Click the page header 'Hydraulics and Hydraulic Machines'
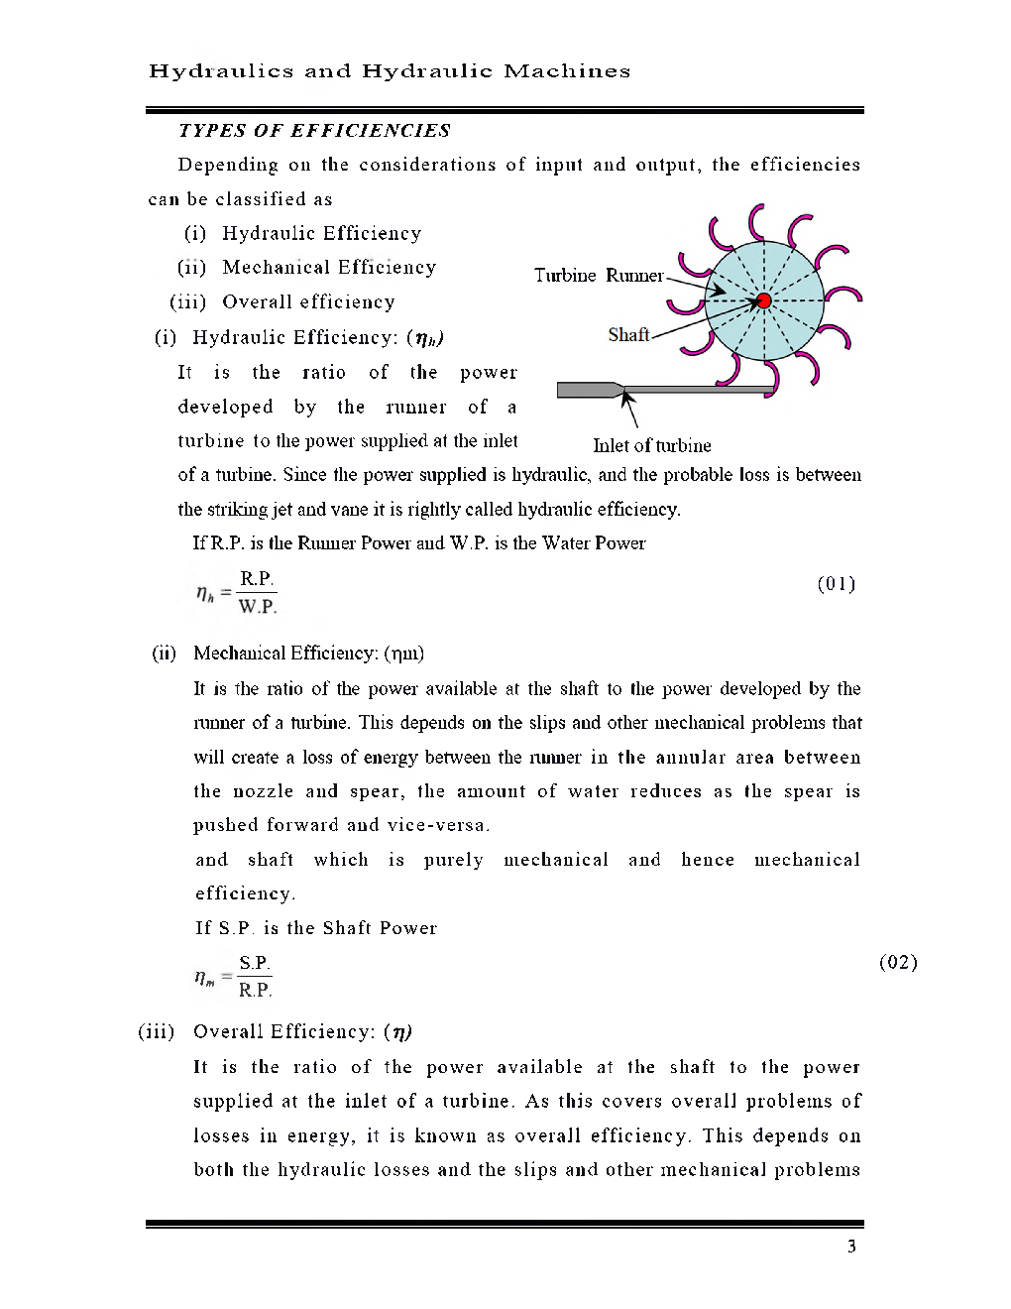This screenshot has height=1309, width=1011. pos(389,71)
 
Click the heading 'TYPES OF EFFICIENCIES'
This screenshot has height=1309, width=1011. pos(314,131)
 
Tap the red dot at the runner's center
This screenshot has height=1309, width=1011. pos(763,301)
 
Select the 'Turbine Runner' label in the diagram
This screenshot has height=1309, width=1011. pos(599,276)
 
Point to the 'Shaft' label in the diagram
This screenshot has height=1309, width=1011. pos(628,335)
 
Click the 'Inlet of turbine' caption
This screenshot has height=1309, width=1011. pos(651,446)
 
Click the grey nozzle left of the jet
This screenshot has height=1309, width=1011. pos(588,390)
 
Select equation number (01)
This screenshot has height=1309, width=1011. pos(836,584)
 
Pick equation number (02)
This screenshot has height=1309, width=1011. pos(898,962)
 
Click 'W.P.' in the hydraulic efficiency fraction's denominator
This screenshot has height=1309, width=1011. pos(258,607)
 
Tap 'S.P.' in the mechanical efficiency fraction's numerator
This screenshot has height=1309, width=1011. pos(255,963)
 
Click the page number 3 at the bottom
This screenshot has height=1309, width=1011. pos(851,1247)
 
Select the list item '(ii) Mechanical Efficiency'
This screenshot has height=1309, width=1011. pos(306,268)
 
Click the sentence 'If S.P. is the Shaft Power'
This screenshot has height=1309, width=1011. pos(315,928)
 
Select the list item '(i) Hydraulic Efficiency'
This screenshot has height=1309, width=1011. pos(302,234)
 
